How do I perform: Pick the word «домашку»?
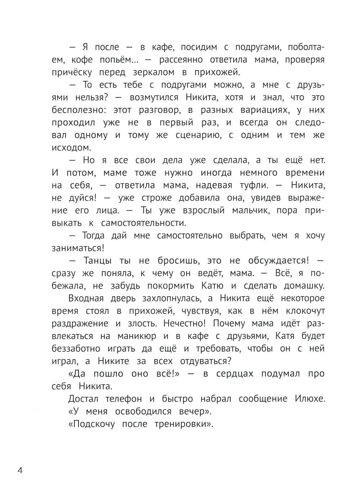(x=300, y=286)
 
